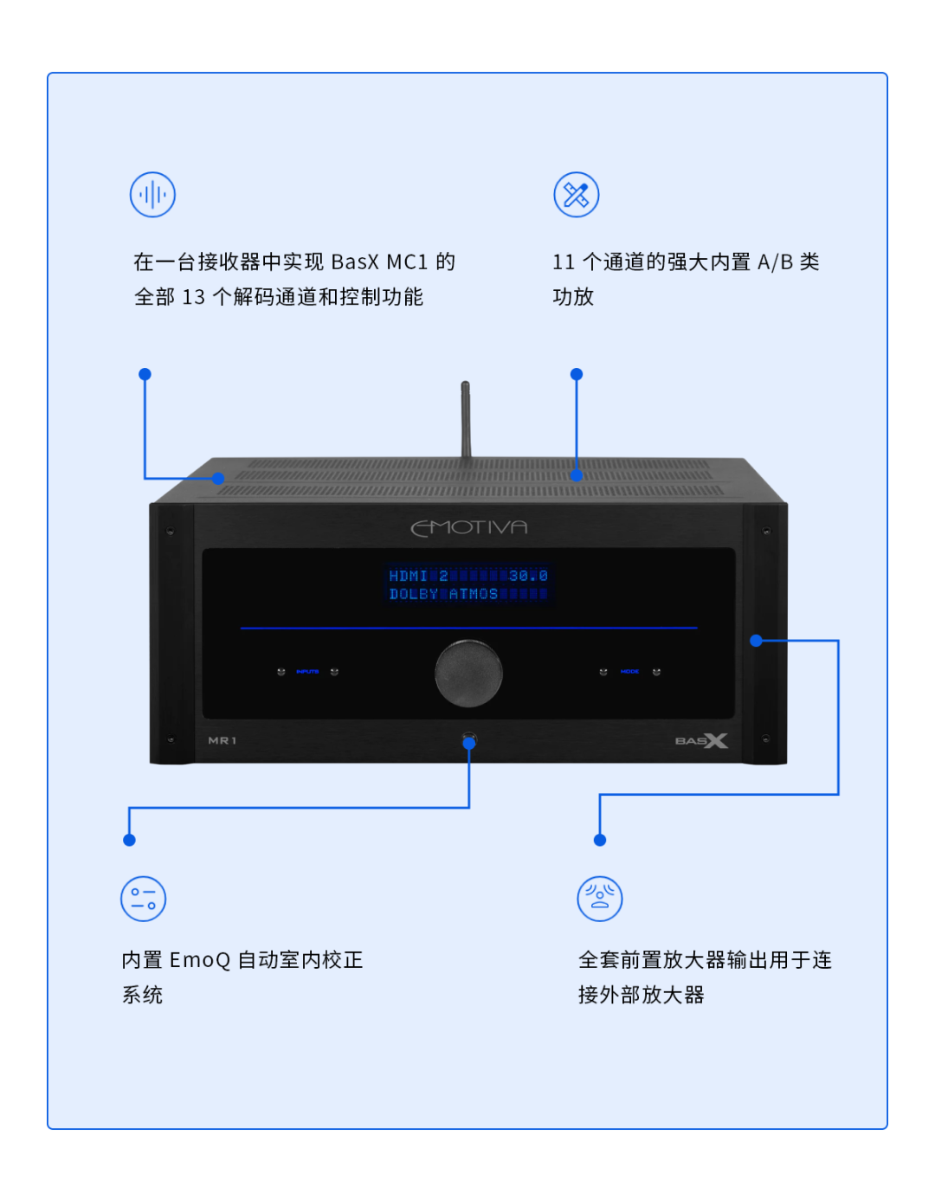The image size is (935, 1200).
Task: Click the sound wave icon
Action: [x=152, y=195]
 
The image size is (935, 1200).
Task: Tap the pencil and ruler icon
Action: [x=577, y=195]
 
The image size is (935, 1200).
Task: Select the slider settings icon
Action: [x=143, y=899]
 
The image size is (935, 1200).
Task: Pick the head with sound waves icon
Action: [x=600, y=899]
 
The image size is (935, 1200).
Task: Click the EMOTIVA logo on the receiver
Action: [x=468, y=527]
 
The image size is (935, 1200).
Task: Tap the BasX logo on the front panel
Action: [x=701, y=740]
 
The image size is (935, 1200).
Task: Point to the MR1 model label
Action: [x=222, y=740]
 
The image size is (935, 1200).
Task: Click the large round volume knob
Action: [x=468, y=673]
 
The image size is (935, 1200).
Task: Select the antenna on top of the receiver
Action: [x=466, y=420]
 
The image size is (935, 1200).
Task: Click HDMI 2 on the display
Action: [x=418, y=576]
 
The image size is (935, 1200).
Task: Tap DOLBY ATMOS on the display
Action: [x=443, y=594]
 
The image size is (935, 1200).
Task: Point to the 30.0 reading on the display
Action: [x=528, y=576]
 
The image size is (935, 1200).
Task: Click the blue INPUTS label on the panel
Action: [x=307, y=672]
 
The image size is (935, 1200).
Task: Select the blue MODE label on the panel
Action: [x=629, y=672]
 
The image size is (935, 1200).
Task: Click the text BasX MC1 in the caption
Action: [x=379, y=262]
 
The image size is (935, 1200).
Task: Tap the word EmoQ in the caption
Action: [x=200, y=960]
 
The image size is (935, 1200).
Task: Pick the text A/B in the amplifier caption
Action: [x=775, y=262]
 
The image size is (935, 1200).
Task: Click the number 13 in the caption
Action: [x=194, y=298]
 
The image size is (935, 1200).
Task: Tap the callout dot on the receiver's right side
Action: [x=756, y=641]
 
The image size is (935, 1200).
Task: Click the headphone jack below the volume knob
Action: [x=469, y=741]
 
